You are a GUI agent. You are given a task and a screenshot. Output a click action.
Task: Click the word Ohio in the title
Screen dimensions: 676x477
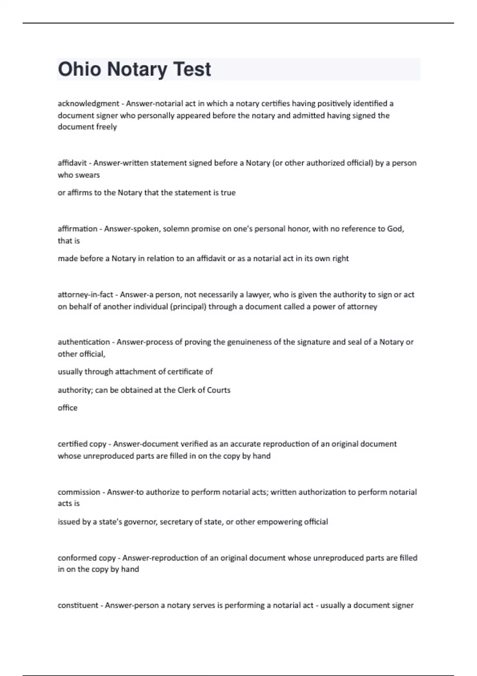pyautogui.click(x=79, y=69)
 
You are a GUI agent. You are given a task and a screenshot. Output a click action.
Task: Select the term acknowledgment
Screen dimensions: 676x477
pyautogui.click(x=88, y=104)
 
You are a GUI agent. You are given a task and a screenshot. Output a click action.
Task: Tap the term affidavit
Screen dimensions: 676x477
pyautogui.click(x=72, y=163)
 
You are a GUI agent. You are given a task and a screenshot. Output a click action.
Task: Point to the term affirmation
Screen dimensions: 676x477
pyautogui.click(x=78, y=229)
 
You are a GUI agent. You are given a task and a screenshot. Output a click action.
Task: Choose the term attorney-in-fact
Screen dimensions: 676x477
pyautogui.click(x=85, y=295)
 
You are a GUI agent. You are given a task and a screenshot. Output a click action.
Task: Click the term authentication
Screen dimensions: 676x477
pyautogui.click(x=84, y=342)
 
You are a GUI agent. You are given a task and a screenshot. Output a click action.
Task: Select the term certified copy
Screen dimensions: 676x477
pyautogui.click(x=82, y=444)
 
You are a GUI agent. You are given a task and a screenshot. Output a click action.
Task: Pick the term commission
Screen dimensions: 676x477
pyautogui.click(x=79, y=492)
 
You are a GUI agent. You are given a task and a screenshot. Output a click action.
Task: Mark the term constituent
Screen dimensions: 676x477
pyautogui.click(x=78, y=605)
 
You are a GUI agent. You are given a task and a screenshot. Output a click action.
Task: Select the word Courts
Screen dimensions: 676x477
pyautogui.click(x=218, y=390)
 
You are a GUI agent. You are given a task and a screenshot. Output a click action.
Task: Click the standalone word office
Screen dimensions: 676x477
pyautogui.click(x=68, y=408)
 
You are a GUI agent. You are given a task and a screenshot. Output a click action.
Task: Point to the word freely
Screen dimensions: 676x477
pyautogui.click(x=105, y=127)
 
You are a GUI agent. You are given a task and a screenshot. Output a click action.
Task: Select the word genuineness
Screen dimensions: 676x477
pyautogui.click(x=249, y=342)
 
